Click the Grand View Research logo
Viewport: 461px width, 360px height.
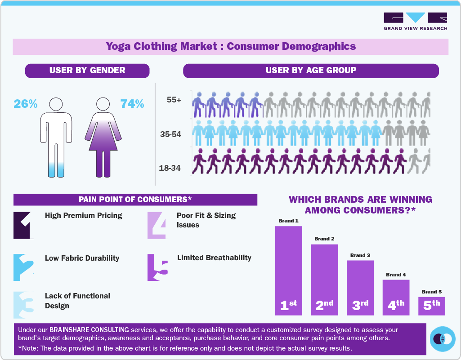tap(415, 21)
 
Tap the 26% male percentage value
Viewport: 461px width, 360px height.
tap(26, 104)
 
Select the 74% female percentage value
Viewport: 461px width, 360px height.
tap(132, 104)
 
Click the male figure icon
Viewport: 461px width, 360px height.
tap(56, 137)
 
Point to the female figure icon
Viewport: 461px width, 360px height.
tap(103, 137)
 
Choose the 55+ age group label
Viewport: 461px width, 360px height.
tap(174, 100)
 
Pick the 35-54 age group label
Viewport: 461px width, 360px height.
tap(170, 134)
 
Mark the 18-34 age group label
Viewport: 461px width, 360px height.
tap(170, 168)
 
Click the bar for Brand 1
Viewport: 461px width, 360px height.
tap(288, 270)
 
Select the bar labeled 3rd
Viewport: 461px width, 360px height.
tap(360, 288)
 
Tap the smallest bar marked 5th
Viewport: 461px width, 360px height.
tap(432, 306)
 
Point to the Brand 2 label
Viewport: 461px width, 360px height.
tap(324, 239)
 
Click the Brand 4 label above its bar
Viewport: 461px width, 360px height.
tap(396, 275)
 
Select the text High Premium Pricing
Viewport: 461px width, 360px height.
tap(84, 215)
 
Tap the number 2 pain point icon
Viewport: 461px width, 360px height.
tap(23, 267)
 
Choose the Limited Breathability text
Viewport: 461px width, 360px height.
tap(214, 258)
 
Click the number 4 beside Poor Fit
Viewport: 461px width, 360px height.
tap(157, 225)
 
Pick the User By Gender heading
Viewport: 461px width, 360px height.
tap(87, 70)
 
